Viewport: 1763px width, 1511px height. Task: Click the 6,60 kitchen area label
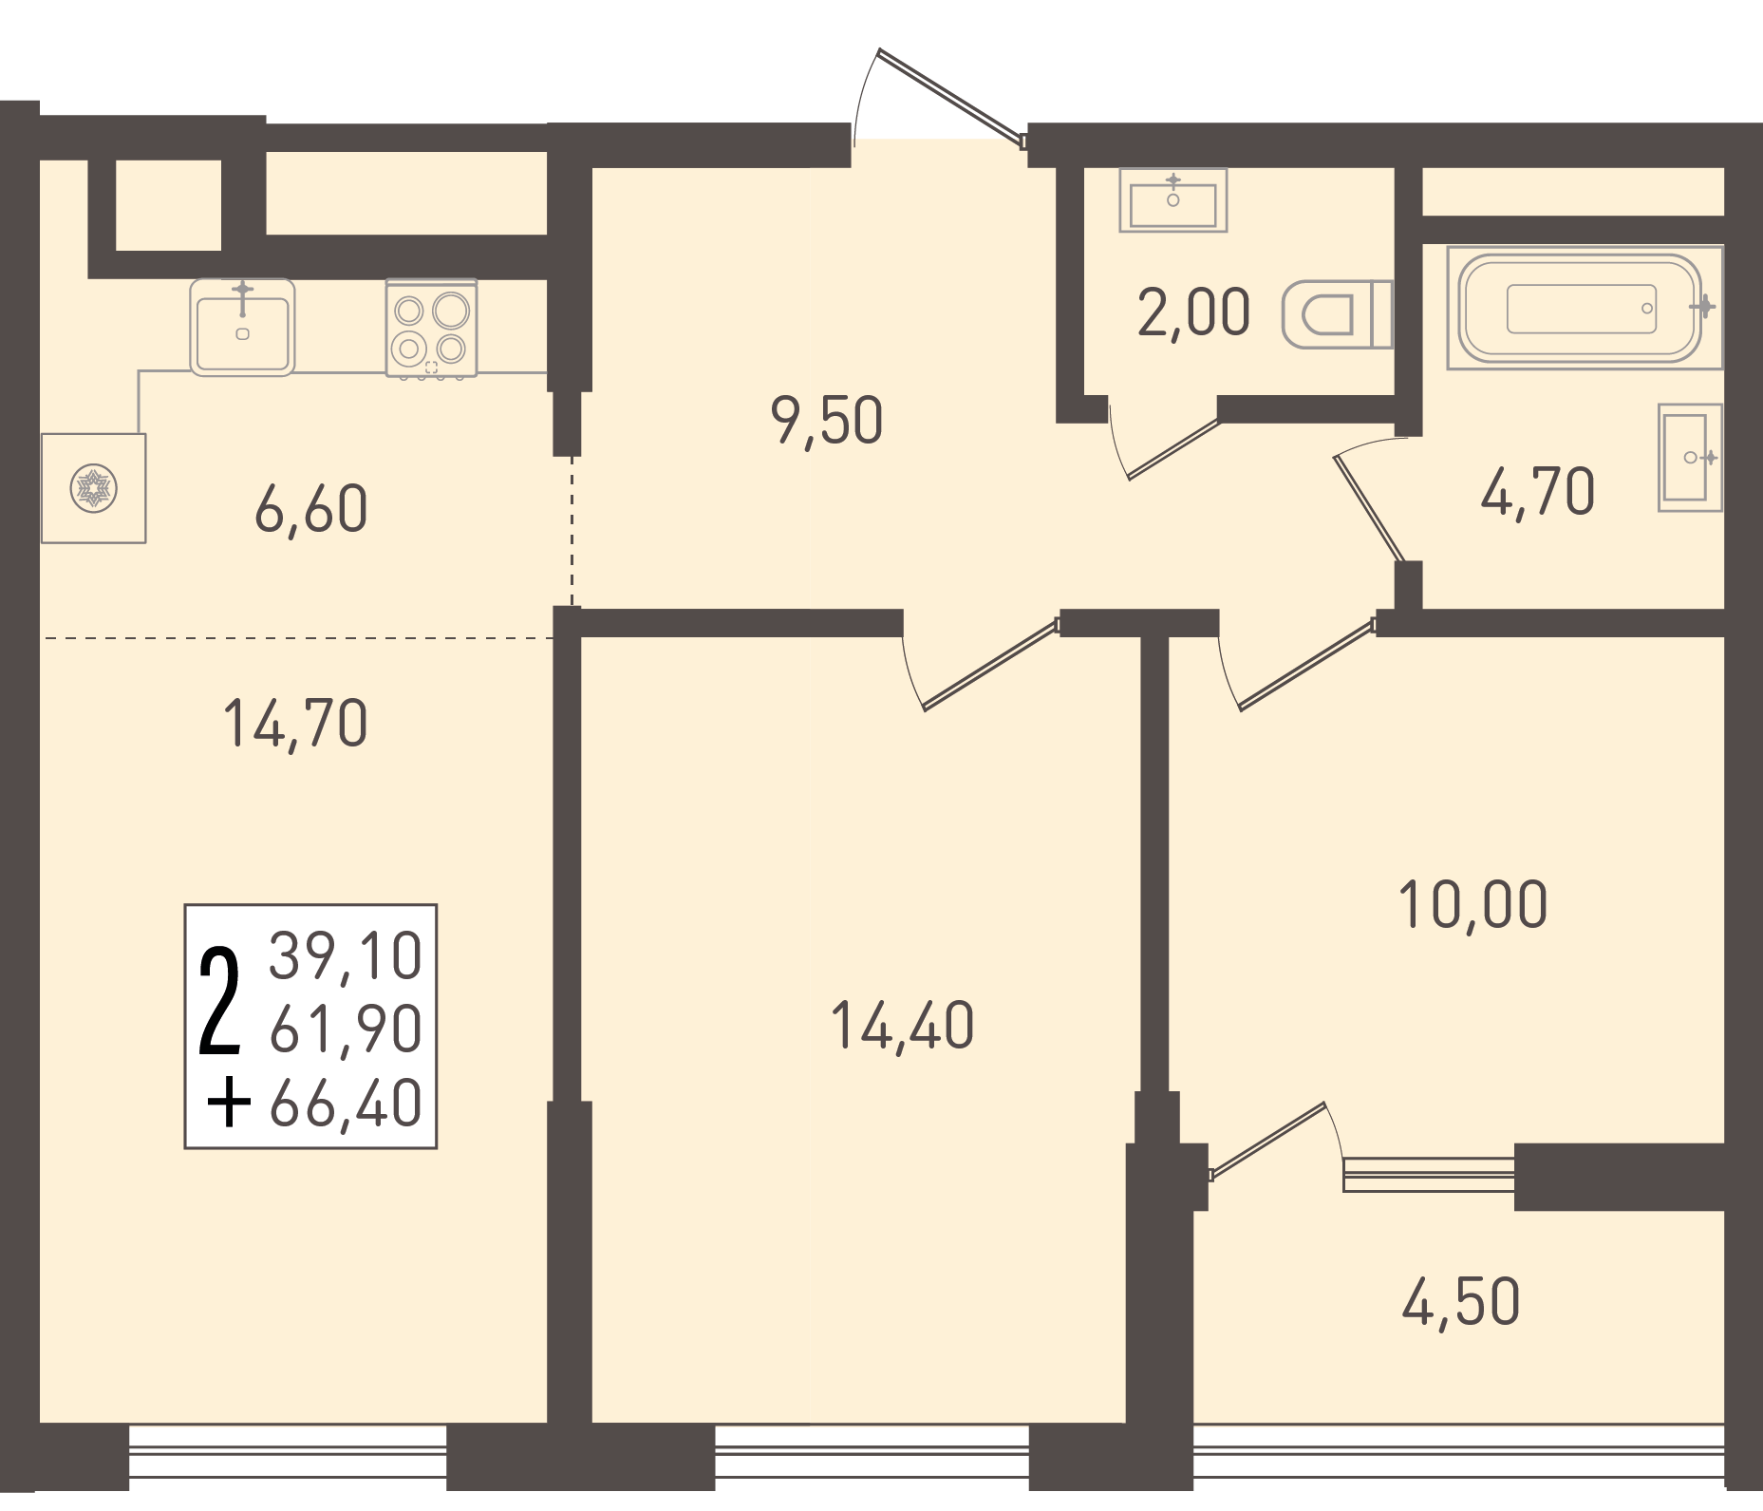(311, 510)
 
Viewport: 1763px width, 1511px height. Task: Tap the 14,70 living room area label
(295, 725)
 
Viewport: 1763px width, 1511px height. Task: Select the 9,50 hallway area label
(827, 422)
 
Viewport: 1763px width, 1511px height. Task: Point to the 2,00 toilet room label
(1194, 312)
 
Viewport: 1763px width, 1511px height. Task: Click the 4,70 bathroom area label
(1538, 492)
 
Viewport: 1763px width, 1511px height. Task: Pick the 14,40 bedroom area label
(902, 1026)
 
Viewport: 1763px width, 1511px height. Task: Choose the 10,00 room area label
(1472, 905)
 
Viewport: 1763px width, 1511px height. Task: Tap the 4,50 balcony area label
(1461, 1303)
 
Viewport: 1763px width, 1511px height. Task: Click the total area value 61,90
(346, 1029)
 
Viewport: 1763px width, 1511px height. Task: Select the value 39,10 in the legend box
(346, 955)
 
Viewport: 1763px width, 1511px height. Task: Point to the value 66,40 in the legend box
(346, 1104)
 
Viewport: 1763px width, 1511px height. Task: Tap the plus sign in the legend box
(229, 1105)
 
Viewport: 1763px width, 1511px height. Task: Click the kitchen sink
(242, 327)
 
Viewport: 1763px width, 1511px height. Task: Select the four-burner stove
(431, 329)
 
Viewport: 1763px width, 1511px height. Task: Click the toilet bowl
(1337, 314)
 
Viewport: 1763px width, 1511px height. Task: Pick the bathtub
(1585, 308)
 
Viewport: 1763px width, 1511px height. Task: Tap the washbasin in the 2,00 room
(1173, 200)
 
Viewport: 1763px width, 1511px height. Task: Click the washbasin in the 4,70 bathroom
(1690, 458)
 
